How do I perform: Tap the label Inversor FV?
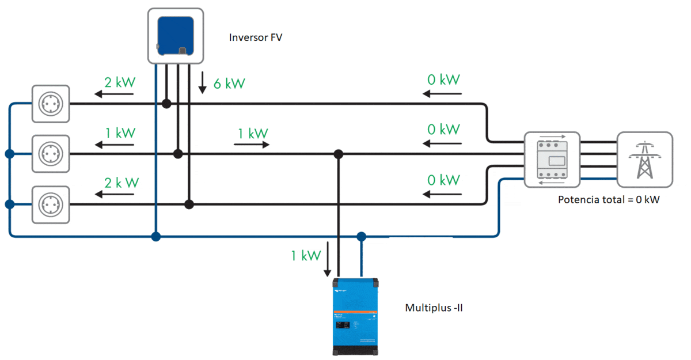point(256,38)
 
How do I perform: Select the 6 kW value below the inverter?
point(229,84)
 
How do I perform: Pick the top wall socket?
point(51,104)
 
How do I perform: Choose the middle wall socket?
point(51,154)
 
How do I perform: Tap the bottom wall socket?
point(51,204)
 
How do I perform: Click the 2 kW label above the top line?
point(120,82)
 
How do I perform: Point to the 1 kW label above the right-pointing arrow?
point(252,134)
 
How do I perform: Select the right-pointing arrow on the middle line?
point(252,145)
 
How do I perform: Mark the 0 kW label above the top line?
point(443,79)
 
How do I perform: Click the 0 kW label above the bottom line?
point(443,180)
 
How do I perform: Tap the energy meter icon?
point(552,160)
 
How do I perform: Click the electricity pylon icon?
point(645,160)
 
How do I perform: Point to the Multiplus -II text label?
point(434,308)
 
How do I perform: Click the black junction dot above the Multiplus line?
point(339,154)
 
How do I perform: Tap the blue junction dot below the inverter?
point(155,236)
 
